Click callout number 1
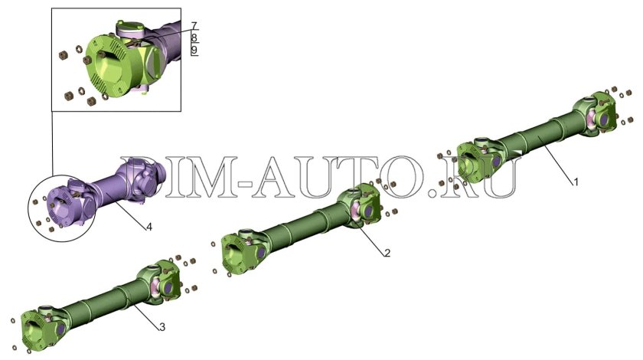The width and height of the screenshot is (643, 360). click(x=576, y=182)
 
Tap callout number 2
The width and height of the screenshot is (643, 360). click(x=387, y=253)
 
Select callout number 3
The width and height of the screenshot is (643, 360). click(x=162, y=327)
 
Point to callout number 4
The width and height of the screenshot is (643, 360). click(x=149, y=227)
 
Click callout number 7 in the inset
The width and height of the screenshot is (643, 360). click(x=194, y=25)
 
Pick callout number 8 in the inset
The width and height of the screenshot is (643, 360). click(x=194, y=38)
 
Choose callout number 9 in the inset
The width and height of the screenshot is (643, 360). click(x=194, y=51)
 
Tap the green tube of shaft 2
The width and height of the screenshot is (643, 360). click(x=302, y=224)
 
